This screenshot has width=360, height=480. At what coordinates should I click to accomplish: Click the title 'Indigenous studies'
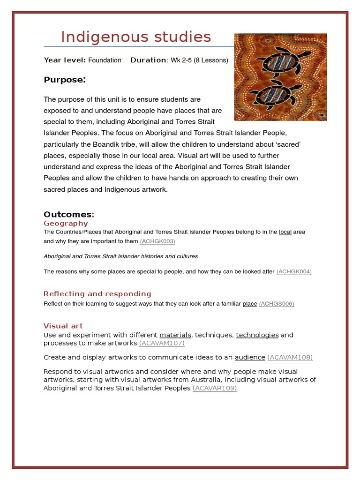pyautogui.click(x=136, y=37)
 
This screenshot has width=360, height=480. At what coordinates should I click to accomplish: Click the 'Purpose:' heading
pyautogui.click(x=65, y=80)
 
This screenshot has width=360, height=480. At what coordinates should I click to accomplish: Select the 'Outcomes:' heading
pyautogui.click(x=69, y=214)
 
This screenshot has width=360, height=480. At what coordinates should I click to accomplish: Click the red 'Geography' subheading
pyautogui.click(x=66, y=223)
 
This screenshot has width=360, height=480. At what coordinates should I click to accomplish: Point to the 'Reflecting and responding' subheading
pyautogui.click(x=97, y=294)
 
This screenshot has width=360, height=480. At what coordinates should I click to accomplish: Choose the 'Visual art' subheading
pyautogui.click(x=63, y=326)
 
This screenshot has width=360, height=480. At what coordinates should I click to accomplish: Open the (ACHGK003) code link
pyautogui.click(x=157, y=241)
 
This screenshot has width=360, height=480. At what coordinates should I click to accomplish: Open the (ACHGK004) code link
pyautogui.click(x=294, y=271)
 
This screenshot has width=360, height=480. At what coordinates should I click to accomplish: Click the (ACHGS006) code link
pyautogui.click(x=276, y=304)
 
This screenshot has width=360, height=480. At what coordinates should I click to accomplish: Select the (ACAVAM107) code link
pyautogui.click(x=162, y=343)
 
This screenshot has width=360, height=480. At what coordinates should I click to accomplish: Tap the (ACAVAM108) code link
pyautogui.click(x=290, y=357)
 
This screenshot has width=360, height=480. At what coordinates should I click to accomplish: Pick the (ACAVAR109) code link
pyautogui.click(x=215, y=388)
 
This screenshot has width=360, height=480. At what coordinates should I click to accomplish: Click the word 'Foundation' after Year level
pyautogui.click(x=105, y=60)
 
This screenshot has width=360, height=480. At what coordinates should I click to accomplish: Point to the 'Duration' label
pyautogui.click(x=148, y=60)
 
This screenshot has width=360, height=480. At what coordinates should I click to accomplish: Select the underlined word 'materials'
pyautogui.click(x=175, y=335)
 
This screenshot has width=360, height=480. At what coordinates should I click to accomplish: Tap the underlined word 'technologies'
pyautogui.click(x=257, y=335)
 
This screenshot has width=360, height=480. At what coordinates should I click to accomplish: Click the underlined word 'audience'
pyautogui.click(x=250, y=357)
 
